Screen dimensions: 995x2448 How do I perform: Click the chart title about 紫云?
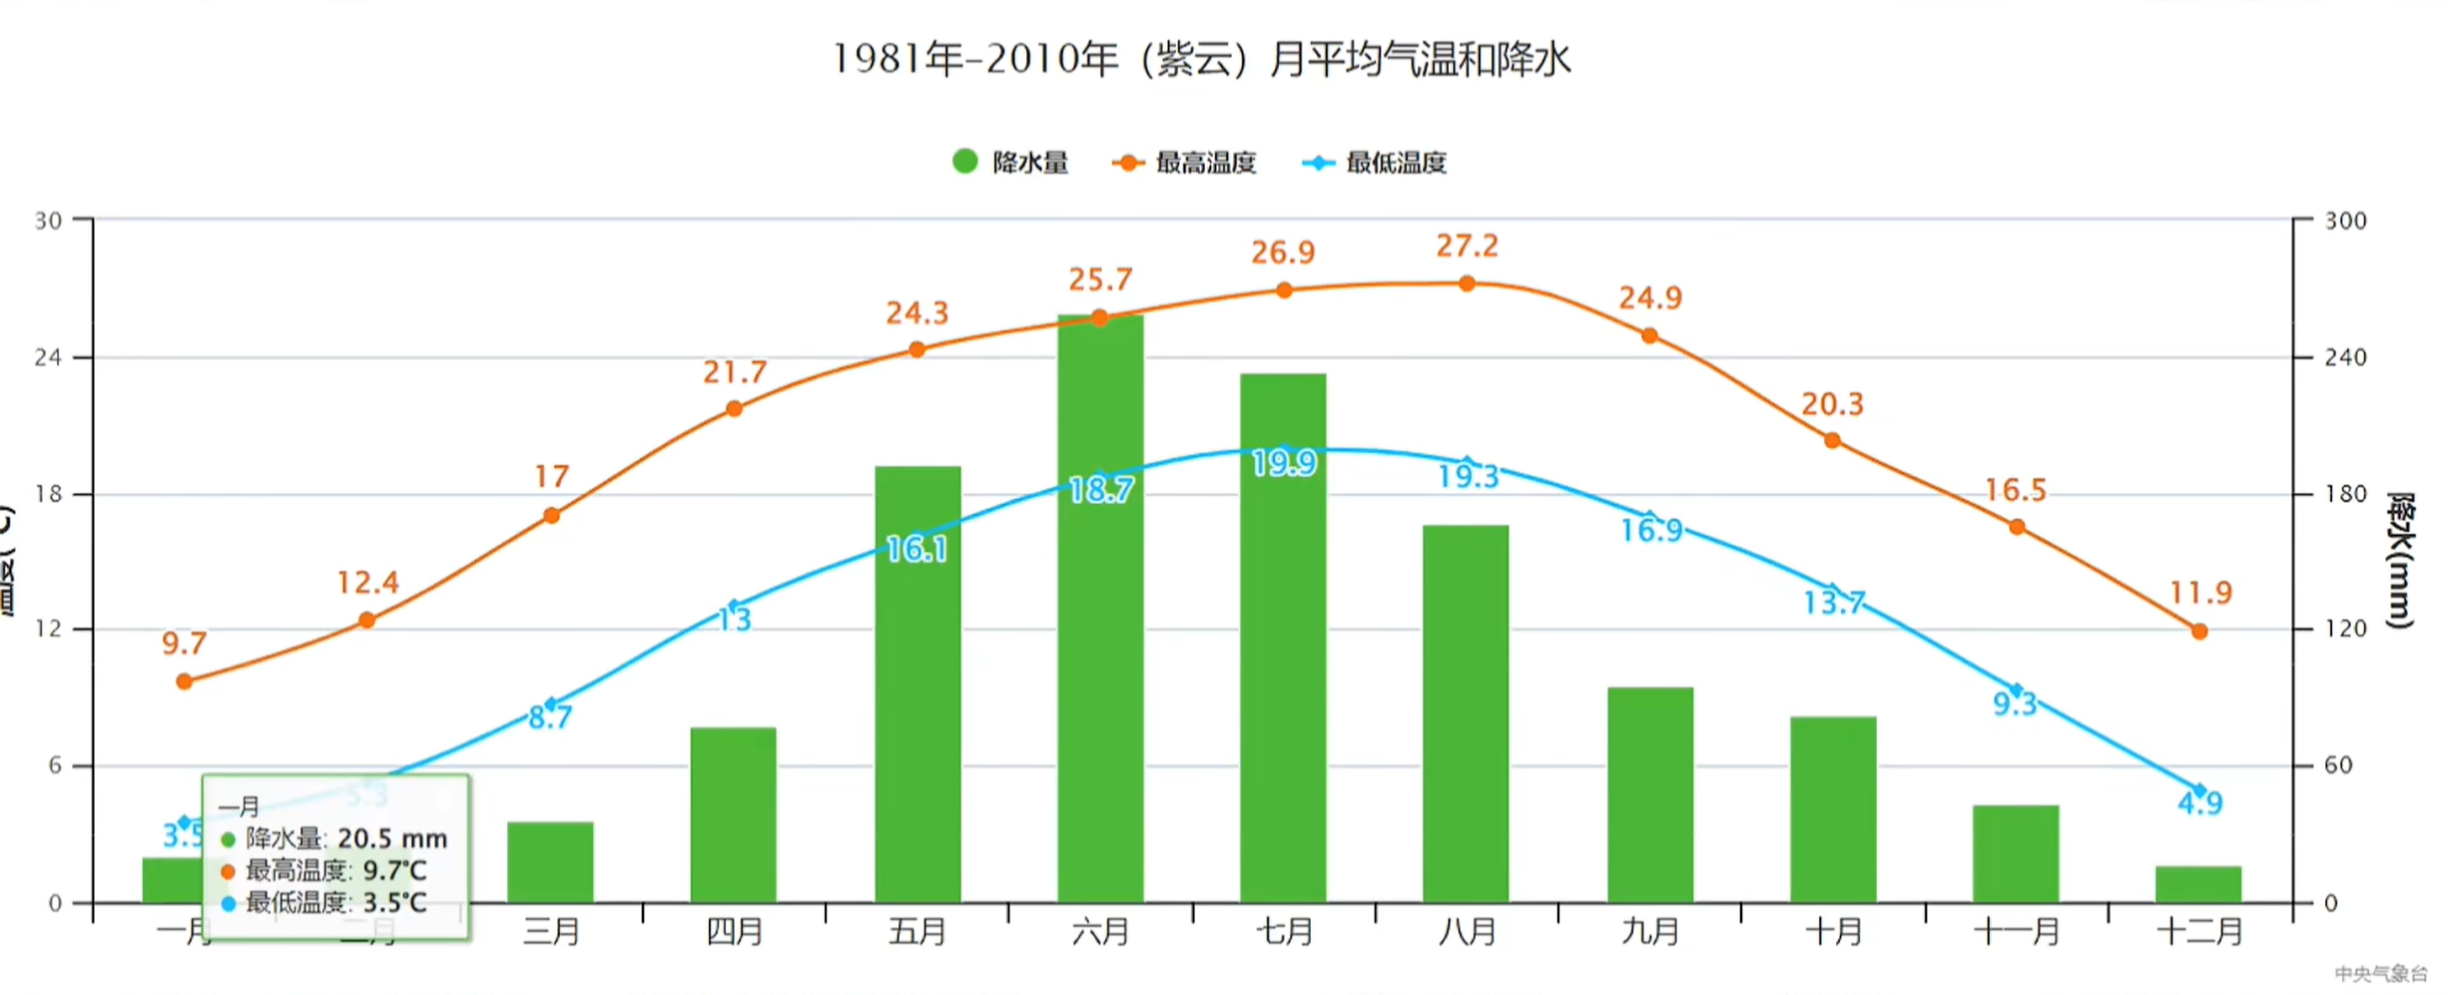click(x=1202, y=60)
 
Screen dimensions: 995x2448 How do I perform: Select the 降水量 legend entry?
click(x=1010, y=162)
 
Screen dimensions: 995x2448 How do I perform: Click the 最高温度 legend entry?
click(x=1185, y=163)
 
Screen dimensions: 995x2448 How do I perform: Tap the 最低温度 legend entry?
click(x=1376, y=163)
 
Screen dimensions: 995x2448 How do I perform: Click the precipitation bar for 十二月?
click(x=2198, y=884)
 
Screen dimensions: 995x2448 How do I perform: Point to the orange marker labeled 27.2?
click(x=1467, y=283)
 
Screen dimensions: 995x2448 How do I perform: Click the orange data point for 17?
click(x=552, y=515)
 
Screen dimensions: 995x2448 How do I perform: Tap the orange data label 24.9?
click(x=1650, y=297)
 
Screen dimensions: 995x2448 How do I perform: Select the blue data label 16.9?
click(x=1651, y=530)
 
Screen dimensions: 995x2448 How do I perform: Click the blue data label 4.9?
click(x=2200, y=803)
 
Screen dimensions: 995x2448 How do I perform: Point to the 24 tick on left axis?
click(x=48, y=357)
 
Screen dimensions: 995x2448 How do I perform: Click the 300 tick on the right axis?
click(x=2345, y=221)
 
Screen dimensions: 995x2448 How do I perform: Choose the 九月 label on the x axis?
click(x=1650, y=932)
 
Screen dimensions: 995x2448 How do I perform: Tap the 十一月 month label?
click(x=2017, y=932)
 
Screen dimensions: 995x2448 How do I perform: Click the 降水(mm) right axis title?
click(x=2400, y=560)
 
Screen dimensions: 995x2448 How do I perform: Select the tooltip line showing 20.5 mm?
click(x=335, y=838)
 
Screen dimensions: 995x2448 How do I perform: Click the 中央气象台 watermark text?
click(x=2381, y=973)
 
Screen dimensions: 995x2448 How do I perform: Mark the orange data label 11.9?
click(x=2200, y=593)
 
